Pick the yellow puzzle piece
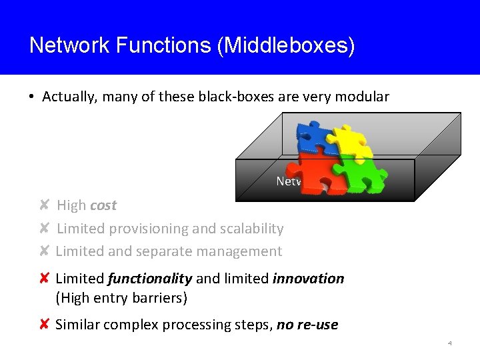click(x=351, y=143)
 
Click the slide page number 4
click(x=450, y=343)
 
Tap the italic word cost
click(x=103, y=205)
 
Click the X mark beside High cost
click(x=43, y=205)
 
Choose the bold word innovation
click(x=308, y=279)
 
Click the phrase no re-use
click(x=307, y=325)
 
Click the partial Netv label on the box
click(x=289, y=181)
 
